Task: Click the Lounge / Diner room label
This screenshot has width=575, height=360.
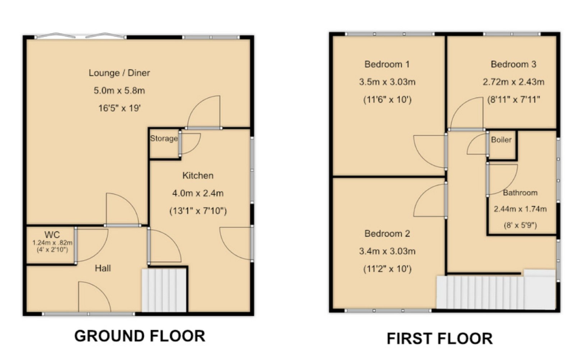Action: tap(119, 73)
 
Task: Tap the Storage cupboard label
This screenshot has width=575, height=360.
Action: tap(164, 139)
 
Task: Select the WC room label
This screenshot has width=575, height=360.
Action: tap(52, 235)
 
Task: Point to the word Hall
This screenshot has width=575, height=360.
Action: tap(103, 268)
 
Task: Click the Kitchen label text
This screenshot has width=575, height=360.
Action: tap(198, 176)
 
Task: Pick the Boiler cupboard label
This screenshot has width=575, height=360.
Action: tap(501, 140)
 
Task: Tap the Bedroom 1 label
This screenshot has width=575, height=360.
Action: tap(387, 64)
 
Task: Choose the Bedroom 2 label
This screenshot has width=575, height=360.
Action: tap(387, 234)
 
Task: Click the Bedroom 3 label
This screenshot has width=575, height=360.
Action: tap(514, 64)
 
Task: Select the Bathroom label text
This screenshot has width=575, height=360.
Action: tap(520, 193)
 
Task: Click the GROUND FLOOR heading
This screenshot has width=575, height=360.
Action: tap(140, 336)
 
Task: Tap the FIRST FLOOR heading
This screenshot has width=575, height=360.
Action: tap(440, 338)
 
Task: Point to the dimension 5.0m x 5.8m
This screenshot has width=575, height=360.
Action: tap(119, 91)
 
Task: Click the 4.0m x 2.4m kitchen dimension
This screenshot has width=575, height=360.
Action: tap(198, 193)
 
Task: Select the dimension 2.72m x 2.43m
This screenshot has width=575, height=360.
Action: tap(514, 82)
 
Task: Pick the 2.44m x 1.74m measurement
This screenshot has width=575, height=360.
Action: tap(520, 209)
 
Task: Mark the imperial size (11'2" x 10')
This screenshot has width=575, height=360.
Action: tap(387, 269)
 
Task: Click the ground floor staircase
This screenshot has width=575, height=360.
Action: tap(164, 290)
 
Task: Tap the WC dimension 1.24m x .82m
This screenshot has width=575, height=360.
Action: tap(52, 243)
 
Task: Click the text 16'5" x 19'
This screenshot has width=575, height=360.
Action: tap(119, 108)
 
